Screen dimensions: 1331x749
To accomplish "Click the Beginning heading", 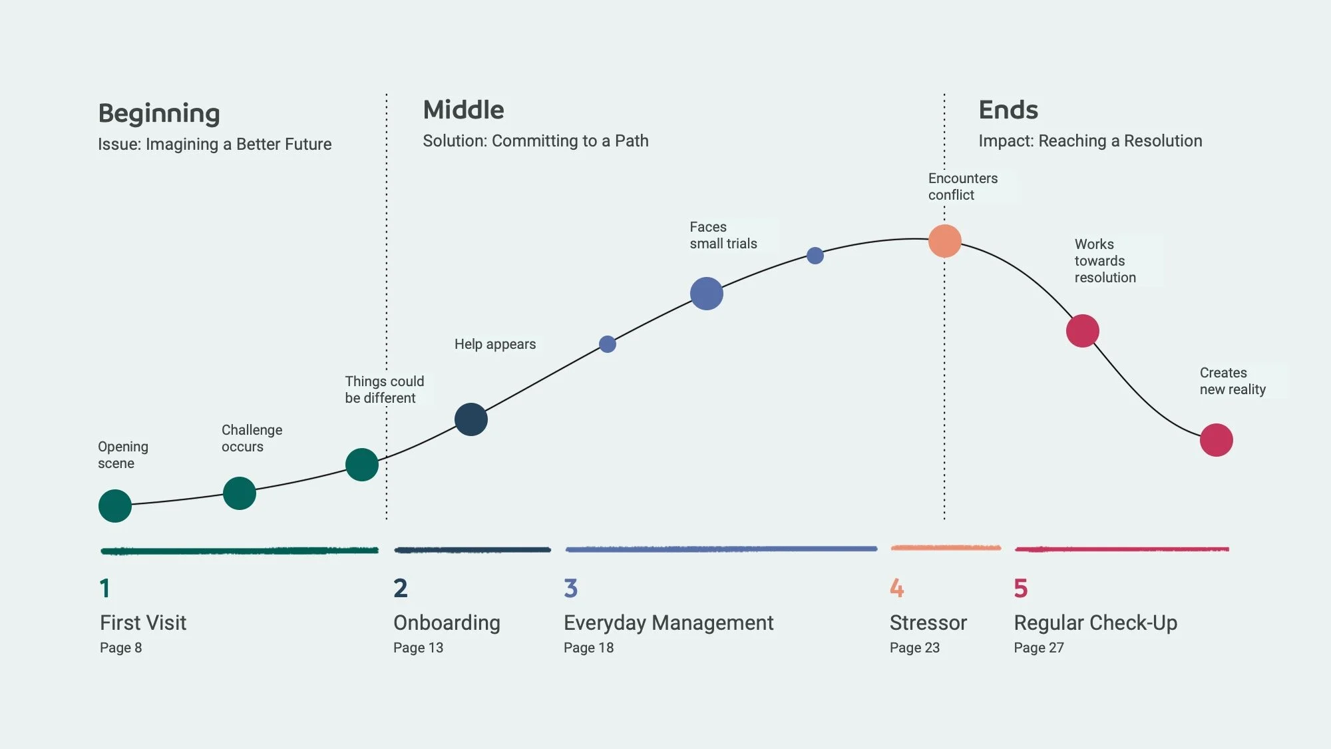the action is (x=159, y=114).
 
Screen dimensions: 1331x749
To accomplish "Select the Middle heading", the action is (x=464, y=110).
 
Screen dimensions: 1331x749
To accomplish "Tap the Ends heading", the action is (x=1008, y=110).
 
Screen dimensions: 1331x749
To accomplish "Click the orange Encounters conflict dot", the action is (x=944, y=241).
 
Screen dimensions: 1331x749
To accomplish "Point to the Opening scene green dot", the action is (x=115, y=506).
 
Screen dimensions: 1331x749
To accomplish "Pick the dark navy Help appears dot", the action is (x=471, y=419).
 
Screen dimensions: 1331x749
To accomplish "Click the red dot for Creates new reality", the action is (x=1216, y=440).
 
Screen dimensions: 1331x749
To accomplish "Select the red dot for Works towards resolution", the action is (x=1082, y=331).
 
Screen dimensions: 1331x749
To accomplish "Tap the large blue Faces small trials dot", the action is (x=706, y=294).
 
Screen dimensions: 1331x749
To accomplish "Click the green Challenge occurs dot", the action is (x=240, y=493).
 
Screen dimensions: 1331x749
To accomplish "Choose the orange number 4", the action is (x=896, y=588).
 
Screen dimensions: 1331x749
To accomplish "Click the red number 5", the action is (x=1020, y=588).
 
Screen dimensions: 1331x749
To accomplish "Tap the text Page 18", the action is (x=588, y=648).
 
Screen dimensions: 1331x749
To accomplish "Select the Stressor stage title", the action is (x=928, y=623).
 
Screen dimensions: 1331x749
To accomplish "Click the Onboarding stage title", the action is (x=447, y=623).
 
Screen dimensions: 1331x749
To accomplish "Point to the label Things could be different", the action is (x=384, y=389).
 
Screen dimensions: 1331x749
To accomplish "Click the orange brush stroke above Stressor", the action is (x=946, y=548).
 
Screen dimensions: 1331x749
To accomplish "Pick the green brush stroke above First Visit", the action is (x=240, y=551).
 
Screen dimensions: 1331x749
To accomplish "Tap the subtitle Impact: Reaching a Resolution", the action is (x=1090, y=141).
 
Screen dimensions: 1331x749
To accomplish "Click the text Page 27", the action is (x=1038, y=648).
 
